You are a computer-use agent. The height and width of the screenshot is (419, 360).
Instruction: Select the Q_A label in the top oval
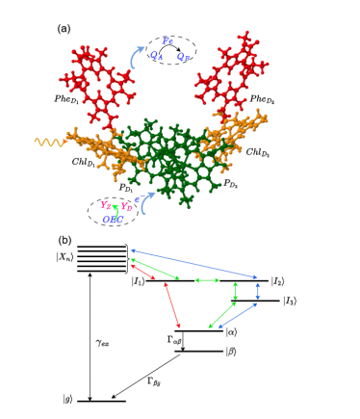(158, 57)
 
